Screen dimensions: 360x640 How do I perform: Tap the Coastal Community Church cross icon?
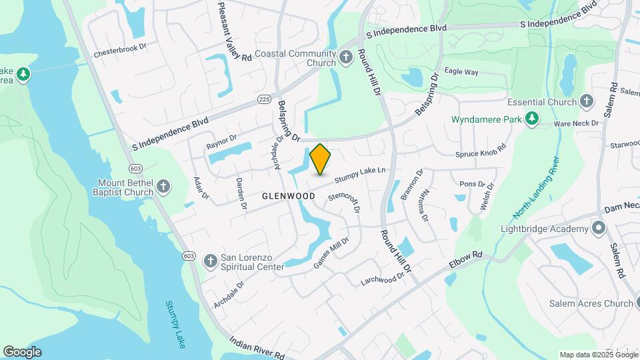345,57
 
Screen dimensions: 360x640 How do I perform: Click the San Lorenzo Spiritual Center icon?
210,259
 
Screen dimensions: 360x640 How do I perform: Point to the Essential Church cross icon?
586,102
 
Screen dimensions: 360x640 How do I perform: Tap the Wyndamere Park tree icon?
531,119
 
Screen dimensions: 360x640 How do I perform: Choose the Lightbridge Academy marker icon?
598,229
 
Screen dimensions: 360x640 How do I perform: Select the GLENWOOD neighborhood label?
288,196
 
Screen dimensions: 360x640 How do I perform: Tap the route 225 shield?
264,99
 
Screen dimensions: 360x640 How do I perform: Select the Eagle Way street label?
461,71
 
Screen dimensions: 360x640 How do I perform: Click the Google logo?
22,352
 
